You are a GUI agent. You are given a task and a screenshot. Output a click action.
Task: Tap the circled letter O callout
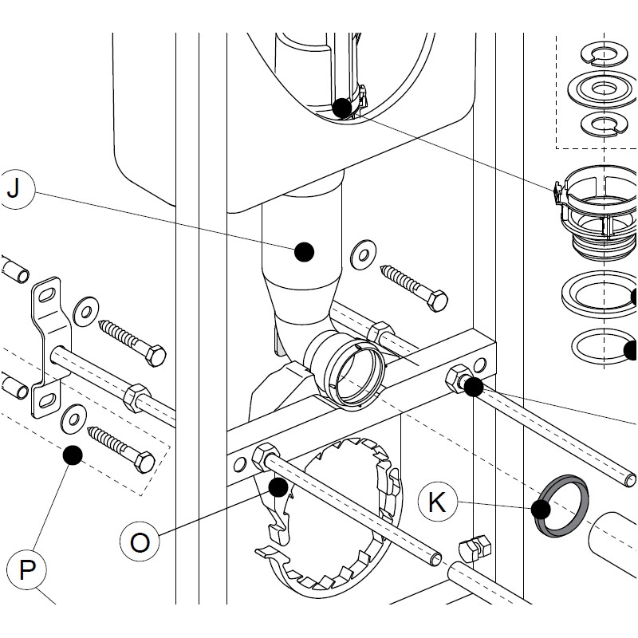tap(140, 542)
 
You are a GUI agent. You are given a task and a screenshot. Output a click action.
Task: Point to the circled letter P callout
tap(27, 570)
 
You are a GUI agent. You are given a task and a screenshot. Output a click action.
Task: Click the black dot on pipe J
tap(304, 253)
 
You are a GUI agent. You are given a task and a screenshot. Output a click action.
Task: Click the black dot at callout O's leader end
tap(278, 486)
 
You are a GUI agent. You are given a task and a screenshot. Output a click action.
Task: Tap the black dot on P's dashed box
tap(73, 455)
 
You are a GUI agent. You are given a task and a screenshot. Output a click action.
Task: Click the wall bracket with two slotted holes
tap(47, 347)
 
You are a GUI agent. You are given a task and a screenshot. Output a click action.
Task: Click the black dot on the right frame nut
tap(472, 388)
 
